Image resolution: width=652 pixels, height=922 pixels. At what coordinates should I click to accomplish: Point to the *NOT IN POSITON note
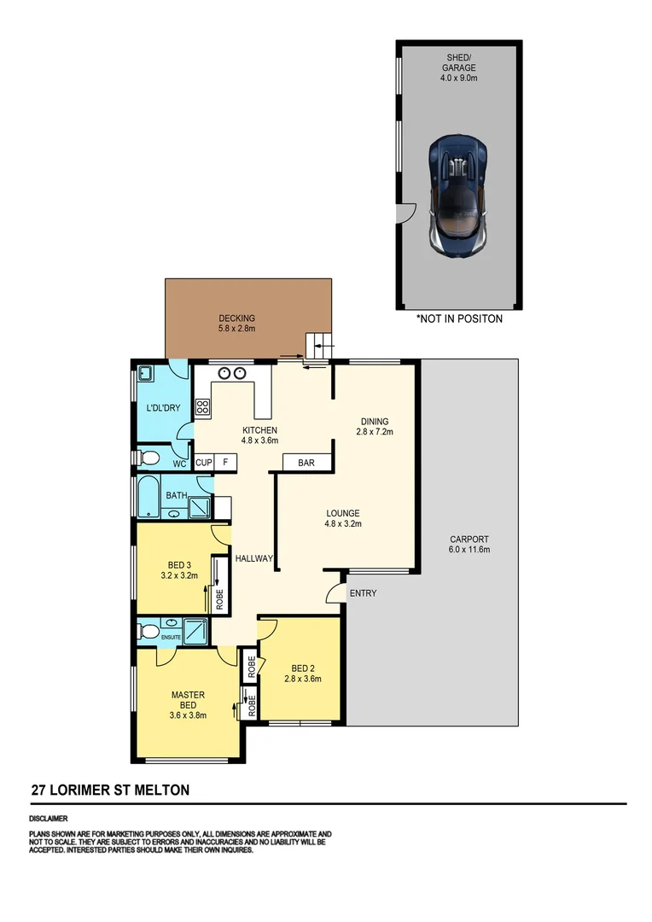point(459,319)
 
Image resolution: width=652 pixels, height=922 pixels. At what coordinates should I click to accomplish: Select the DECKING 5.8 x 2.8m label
point(236,324)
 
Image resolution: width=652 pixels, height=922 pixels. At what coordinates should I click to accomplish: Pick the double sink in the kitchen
point(232,372)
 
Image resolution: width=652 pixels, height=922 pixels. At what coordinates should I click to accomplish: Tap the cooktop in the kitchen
point(203,407)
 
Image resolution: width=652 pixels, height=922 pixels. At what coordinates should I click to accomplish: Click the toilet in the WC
point(148,459)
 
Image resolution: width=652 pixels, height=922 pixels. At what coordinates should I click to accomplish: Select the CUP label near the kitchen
point(204,463)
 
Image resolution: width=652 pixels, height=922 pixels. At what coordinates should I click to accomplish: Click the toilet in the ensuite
point(148,633)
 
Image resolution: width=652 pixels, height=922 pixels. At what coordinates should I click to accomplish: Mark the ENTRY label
point(362,593)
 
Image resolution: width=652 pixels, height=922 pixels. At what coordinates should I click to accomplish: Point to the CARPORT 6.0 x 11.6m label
point(469,544)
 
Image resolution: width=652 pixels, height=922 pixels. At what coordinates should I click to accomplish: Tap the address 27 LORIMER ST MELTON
point(110,791)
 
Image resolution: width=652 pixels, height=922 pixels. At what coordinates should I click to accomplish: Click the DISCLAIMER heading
point(49,818)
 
